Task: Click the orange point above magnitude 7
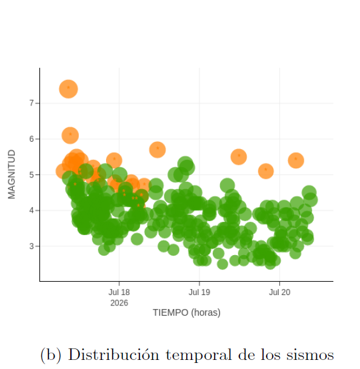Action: point(68,89)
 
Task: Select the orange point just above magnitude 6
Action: point(70,135)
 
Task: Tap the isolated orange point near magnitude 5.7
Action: point(158,150)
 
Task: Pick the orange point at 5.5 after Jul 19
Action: point(239,157)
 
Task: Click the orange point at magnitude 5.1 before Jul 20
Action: point(266,171)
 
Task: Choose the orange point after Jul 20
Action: point(296,161)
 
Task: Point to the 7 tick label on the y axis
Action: point(32,103)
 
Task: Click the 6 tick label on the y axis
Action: point(32,139)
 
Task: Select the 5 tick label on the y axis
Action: point(32,175)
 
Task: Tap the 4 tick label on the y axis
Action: point(32,210)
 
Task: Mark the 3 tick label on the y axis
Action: point(32,246)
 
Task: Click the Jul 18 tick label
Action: point(119,292)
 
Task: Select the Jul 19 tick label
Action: point(199,292)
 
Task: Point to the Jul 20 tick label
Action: point(279,292)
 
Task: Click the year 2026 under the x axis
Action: point(119,303)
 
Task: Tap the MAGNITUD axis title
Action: point(12,174)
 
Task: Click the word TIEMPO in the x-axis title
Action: point(170,313)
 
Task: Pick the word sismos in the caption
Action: point(310,355)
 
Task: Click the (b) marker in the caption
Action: point(51,355)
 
